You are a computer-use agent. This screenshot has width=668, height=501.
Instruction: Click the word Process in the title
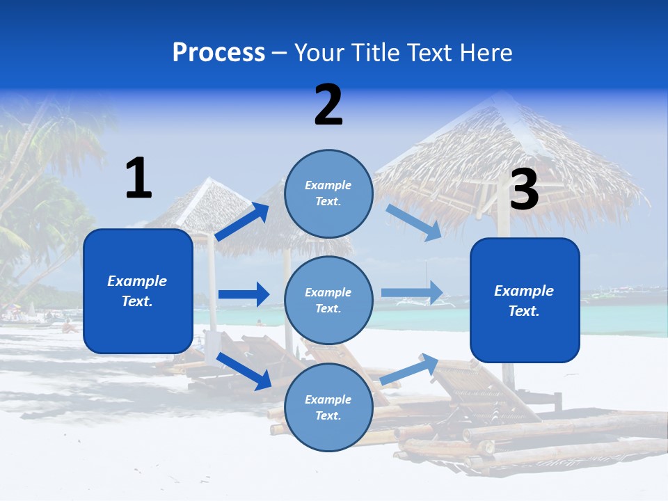click(218, 52)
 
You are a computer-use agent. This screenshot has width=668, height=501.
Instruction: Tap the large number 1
click(138, 178)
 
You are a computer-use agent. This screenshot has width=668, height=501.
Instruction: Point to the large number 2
click(328, 105)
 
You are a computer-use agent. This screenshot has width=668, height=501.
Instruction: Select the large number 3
click(524, 190)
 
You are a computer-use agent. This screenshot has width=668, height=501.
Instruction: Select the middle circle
click(328, 300)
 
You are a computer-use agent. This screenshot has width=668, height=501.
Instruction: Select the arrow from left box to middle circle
click(244, 294)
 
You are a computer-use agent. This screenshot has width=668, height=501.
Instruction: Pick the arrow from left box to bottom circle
click(244, 370)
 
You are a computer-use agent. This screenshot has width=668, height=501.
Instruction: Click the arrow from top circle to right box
click(414, 222)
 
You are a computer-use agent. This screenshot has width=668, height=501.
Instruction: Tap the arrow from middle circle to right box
click(412, 293)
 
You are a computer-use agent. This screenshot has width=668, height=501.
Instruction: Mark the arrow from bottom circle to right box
click(409, 369)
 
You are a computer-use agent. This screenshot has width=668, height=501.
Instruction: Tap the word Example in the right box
click(524, 291)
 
